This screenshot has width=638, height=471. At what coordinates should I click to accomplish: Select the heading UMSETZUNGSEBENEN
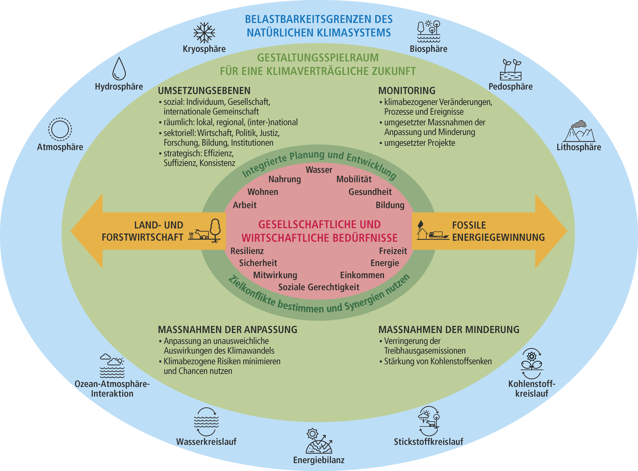click(204, 91)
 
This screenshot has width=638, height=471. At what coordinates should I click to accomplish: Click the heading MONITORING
click(407, 91)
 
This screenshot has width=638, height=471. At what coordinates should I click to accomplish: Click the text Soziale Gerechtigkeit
click(319, 287)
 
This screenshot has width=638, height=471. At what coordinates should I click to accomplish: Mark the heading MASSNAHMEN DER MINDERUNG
click(449, 330)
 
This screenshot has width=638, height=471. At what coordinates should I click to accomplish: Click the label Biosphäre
click(429, 49)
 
